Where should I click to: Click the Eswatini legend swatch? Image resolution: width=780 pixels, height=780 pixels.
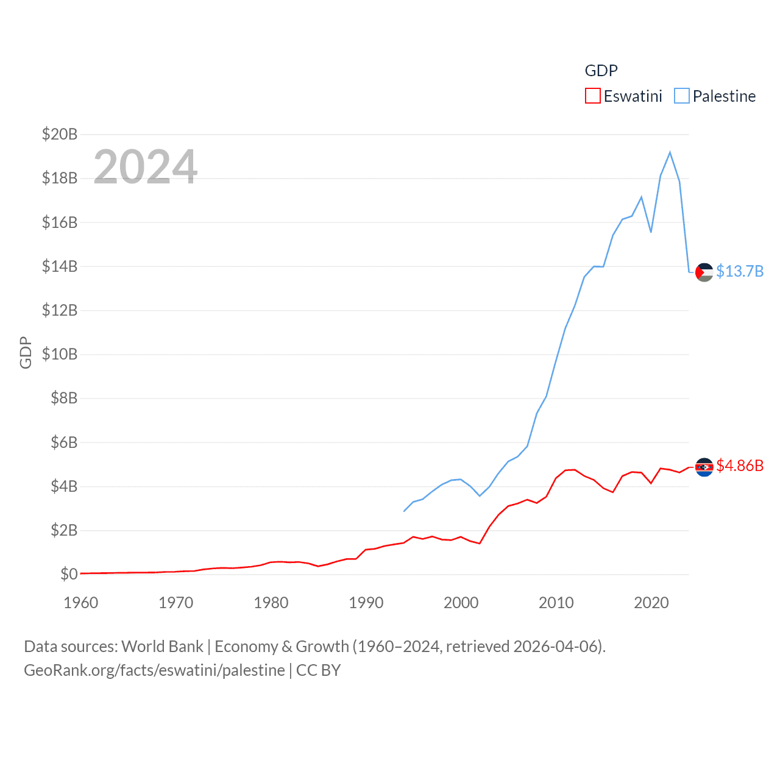pyautogui.click(x=592, y=96)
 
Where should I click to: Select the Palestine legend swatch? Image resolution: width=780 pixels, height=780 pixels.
pyautogui.click(x=682, y=96)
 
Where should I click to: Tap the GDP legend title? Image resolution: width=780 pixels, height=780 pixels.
pyautogui.click(x=601, y=71)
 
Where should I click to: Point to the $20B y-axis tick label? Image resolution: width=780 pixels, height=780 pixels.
pyautogui.click(x=60, y=134)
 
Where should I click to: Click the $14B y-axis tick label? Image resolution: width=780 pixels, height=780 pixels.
pyautogui.click(x=60, y=266)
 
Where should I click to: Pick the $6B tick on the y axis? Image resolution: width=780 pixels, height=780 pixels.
pyautogui.click(x=64, y=442)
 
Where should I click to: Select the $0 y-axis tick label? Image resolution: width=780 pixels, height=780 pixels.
pyautogui.click(x=69, y=574)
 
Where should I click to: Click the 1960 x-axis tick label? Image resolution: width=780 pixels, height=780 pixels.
pyautogui.click(x=81, y=603)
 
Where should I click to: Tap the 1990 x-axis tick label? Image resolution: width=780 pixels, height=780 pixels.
pyautogui.click(x=366, y=603)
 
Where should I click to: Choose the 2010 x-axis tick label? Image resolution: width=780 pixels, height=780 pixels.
pyautogui.click(x=556, y=603)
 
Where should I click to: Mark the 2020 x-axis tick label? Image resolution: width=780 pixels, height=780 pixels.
pyautogui.click(x=651, y=603)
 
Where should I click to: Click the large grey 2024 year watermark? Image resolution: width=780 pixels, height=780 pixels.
pyautogui.click(x=145, y=166)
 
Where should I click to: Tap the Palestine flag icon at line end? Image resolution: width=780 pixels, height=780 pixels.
pyautogui.click(x=704, y=272)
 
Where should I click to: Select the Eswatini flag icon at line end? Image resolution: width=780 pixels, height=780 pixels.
pyautogui.click(x=704, y=467)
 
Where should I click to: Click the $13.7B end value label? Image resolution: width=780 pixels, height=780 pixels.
pyautogui.click(x=740, y=271)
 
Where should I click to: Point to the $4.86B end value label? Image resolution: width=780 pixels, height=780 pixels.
pyautogui.click(x=740, y=466)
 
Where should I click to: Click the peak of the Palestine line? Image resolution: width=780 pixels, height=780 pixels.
pyautogui.click(x=670, y=152)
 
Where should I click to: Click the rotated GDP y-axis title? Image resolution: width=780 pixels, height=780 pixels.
pyautogui.click(x=26, y=352)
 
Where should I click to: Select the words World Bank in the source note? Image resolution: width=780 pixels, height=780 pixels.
pyautogui.click(x=162, y=646)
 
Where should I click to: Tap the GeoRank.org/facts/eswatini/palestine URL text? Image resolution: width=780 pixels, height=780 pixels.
pyautogui.click(x=154, y=670)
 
